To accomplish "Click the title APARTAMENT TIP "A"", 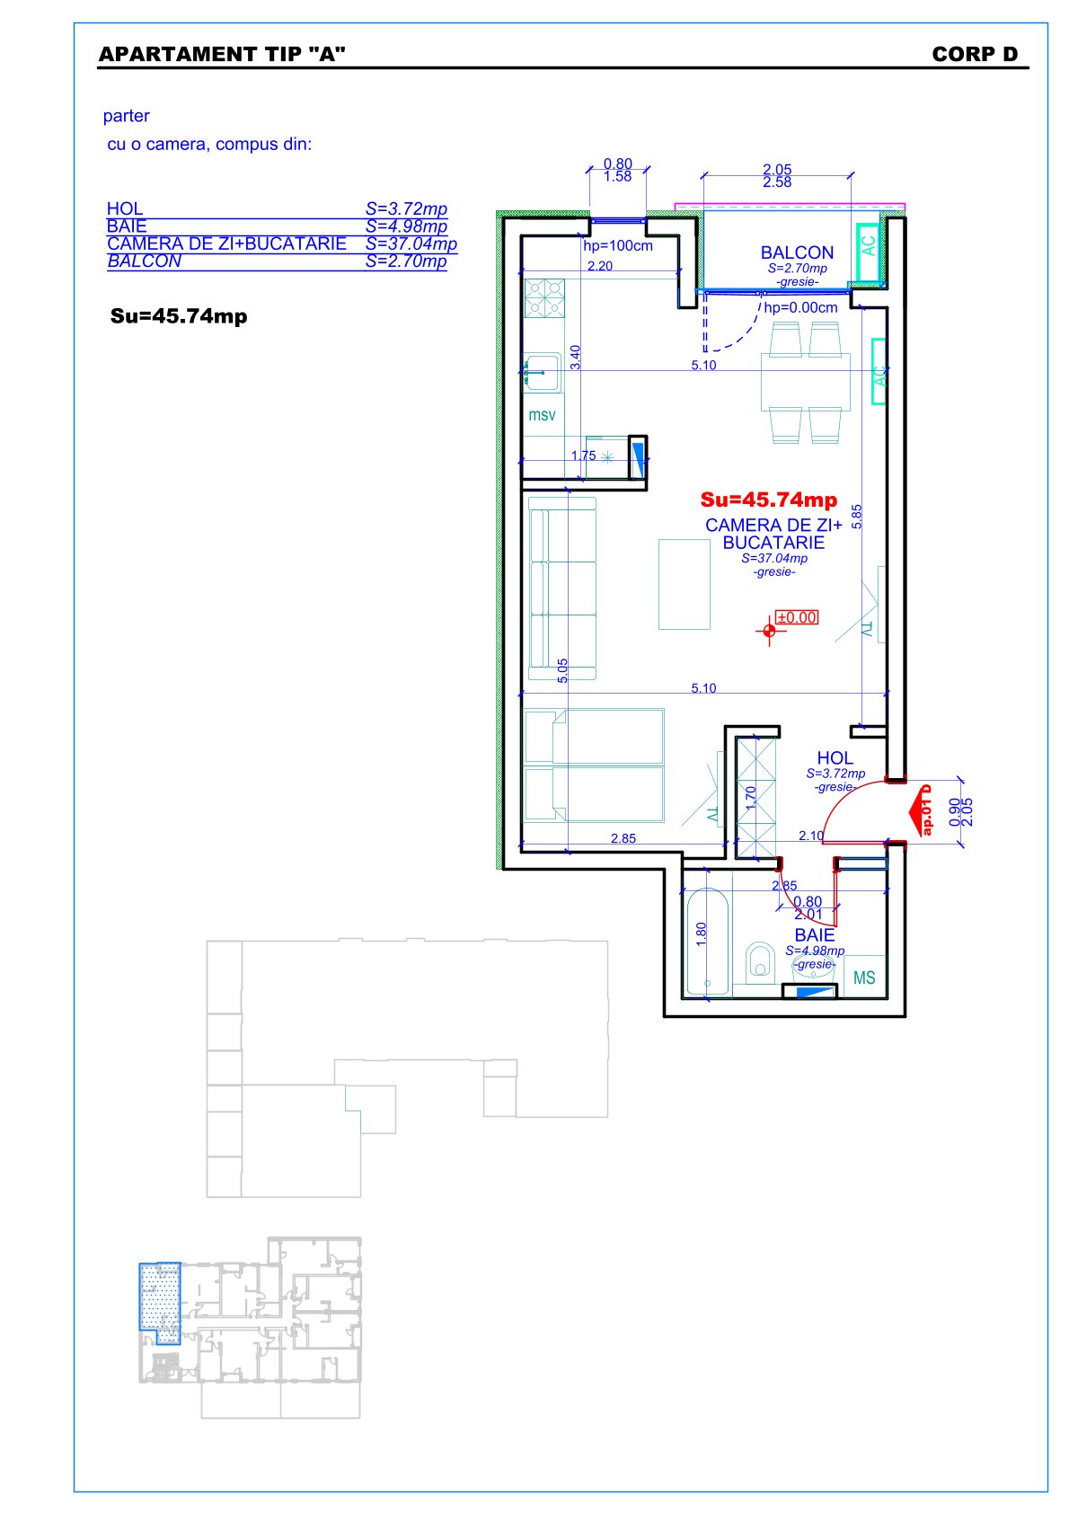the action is (x=222, y=54).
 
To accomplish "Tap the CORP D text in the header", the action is (x=975, y=54).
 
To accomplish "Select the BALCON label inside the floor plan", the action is (x=797, y=252).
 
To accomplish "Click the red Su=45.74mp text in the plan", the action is (x=768, y=500).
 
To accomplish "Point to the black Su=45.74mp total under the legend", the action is (x=179, y=316).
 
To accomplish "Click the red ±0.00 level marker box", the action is (x=797, y=617).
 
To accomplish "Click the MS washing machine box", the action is (x=864, y=977).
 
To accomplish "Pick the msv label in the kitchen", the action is (x=542, y=415).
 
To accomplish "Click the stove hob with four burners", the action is (x=544, y=298).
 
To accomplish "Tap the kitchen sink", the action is (x=542, y=372).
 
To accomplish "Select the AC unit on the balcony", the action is (x=869, y=252).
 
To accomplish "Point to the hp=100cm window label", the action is (x=618, y=246).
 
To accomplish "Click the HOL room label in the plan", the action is (x=835, y=758).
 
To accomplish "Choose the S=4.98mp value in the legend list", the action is (x=406, y=226).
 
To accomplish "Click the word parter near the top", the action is (x=127, y=116).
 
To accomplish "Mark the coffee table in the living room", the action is (x=685, y=584).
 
